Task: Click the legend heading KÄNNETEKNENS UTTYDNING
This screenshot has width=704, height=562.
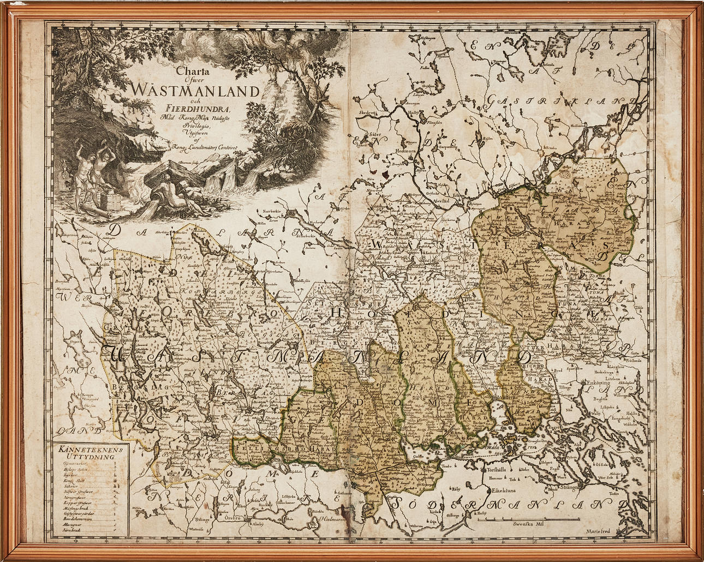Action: pos(90,453)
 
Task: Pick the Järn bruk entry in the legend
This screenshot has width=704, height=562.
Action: pos(72,529)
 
